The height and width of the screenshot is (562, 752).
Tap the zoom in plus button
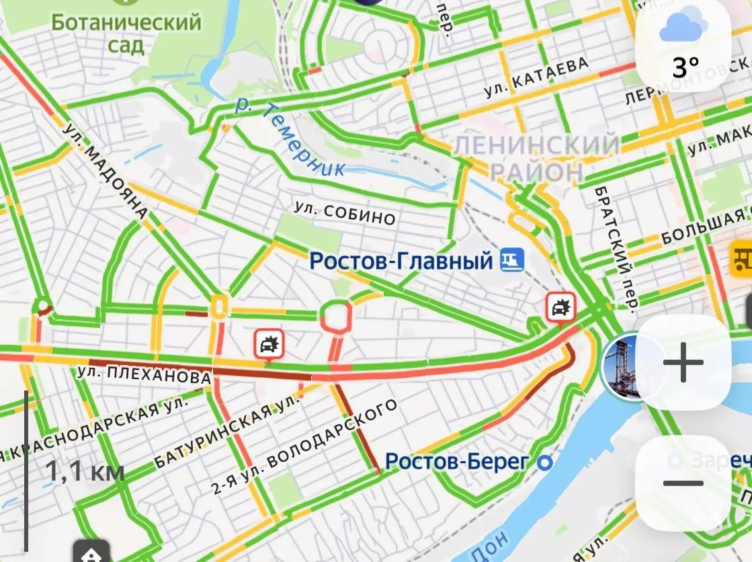[683, 362]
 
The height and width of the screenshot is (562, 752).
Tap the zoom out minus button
[683, 483]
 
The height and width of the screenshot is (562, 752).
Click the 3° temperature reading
[685, 67]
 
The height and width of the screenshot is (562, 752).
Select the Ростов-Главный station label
[401, 259]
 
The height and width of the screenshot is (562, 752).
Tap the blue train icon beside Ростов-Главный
[512, 259]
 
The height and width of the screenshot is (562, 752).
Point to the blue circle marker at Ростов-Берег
[546, 463]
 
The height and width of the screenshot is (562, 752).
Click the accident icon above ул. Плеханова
[269, 346]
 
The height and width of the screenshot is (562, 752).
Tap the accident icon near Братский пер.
[560, 307]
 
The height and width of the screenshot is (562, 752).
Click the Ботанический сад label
[126, 32]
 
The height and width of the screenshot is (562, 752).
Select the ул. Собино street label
[344, 213]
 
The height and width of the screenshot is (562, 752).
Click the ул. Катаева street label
[537, 75]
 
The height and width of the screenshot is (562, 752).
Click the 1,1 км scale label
[85, 471]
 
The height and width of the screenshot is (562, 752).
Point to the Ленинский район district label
[536, 157]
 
